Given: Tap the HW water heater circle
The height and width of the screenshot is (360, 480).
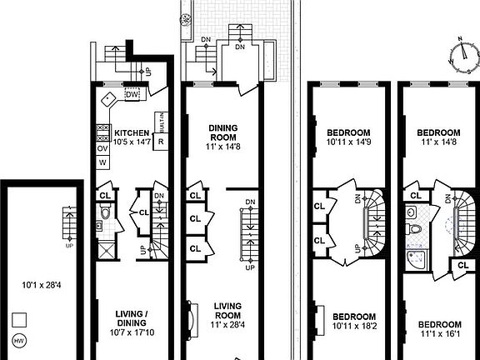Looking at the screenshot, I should point(20,340).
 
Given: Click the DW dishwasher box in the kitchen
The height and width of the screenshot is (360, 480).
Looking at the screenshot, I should point(131,94).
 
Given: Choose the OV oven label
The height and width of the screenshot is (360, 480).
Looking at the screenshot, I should point(103,148).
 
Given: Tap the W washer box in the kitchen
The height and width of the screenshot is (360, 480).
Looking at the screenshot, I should point(102,162).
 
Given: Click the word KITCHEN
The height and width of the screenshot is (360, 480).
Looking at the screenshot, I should point(132,132).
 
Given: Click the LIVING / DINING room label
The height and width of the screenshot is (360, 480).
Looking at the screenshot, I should point(132,318).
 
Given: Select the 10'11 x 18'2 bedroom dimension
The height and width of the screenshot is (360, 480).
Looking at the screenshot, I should point(354,327).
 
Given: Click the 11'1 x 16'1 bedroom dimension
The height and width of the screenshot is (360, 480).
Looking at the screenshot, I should point(438,335).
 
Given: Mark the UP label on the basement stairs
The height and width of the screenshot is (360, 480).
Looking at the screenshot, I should point(69,245).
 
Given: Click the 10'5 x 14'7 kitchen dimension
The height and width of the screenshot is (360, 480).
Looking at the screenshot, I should point(132,143).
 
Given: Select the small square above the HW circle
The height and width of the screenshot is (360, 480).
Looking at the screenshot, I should point(20,320).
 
